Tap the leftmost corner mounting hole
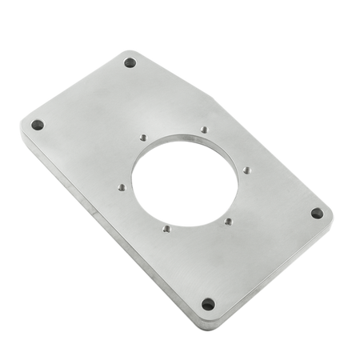pos(36,125)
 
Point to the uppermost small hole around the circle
pos(205,130)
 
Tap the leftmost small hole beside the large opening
pos(119,187)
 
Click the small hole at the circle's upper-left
pos(141,138)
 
